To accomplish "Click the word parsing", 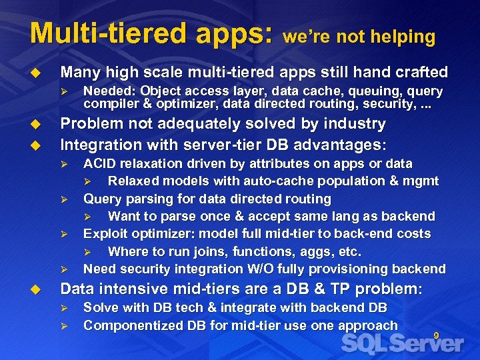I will (x=142, y=199).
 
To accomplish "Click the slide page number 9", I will (x=436, y=335).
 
